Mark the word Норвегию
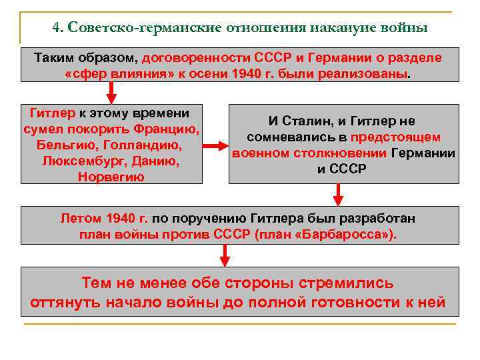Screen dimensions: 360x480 111,177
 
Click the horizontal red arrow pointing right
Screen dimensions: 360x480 214,145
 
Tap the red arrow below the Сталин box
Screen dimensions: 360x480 339,194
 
